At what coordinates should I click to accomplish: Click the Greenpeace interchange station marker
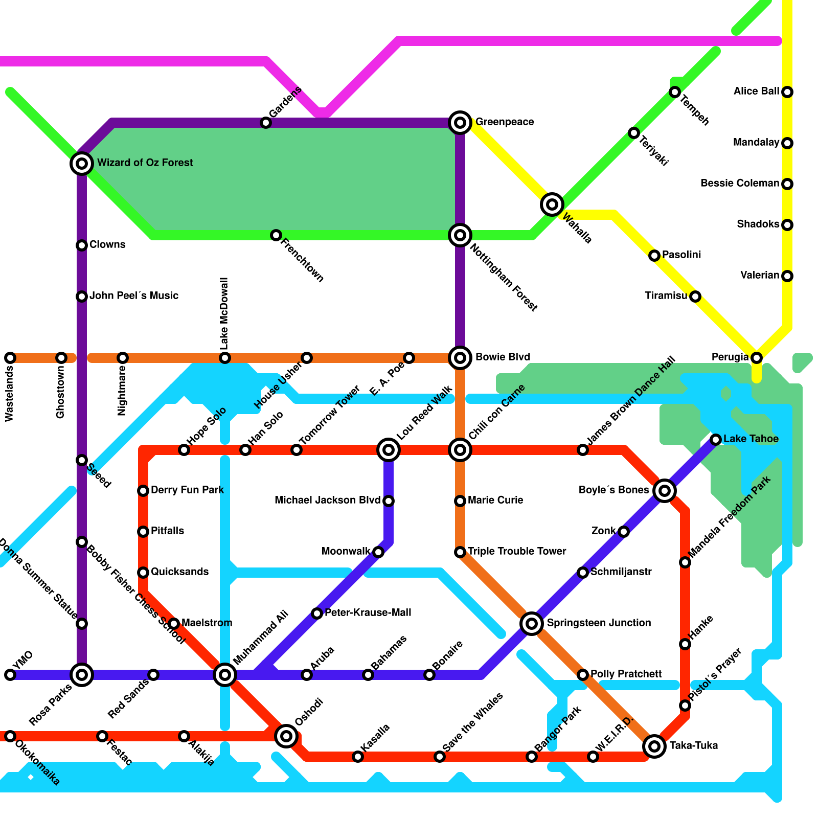[x=460, y=122]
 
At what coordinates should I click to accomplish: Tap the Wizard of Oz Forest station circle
[x=82, y=164]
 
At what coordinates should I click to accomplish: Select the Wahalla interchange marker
[x=552, y=204]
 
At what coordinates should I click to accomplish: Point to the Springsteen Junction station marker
[x=532, y=623]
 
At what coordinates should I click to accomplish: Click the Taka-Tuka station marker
[x=654, y=746]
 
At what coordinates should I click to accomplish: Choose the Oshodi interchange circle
[x=286, y=736]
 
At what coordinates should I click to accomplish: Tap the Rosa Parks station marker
[x=82, y=675]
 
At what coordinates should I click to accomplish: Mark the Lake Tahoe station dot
[x=716, y=439]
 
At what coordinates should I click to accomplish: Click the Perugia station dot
[x=757, y=358]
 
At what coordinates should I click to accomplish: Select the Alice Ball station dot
[x=787, y=92]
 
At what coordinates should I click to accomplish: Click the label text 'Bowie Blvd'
[x=503, y=357]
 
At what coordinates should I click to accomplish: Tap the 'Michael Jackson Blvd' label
[x=327, y=500]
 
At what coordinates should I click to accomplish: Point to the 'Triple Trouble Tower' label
[x=516, y=551]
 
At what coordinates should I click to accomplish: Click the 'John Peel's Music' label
[x=134, y=296]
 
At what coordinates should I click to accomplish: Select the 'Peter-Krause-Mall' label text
[x=368, y=612]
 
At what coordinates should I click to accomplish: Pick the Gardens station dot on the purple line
[x=265, y=123]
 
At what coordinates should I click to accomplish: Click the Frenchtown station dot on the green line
[x=276, y=235]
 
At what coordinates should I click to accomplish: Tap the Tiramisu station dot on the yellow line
[x=695, y=297]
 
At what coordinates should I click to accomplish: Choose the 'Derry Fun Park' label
[x=187, y=490]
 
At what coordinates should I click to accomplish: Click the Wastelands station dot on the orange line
[x=10, y=358]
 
